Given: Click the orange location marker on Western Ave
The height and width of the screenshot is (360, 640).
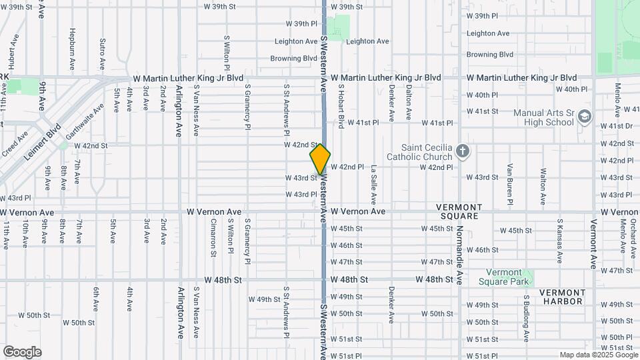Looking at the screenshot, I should click(x=320, y=159).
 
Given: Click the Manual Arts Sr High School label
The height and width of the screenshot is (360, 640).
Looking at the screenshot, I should click(x=543, y=118).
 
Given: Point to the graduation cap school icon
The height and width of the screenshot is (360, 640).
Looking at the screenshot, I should click(x=585, y=117).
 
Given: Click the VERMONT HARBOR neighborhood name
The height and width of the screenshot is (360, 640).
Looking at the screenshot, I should click(x=561, y=297).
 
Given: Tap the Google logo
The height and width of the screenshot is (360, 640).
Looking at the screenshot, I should click(x=22, y=352).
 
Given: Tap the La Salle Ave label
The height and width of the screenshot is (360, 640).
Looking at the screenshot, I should click(x=374, y=184).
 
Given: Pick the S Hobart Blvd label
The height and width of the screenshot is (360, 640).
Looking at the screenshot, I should click(x=341, y=105).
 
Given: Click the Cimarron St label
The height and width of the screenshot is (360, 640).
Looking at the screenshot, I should click(x=213, y=237).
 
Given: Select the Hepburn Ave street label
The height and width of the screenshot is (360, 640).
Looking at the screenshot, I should click(x=71, y=49).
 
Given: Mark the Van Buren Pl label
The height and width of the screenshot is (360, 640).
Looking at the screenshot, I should click(x=509, y=183).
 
